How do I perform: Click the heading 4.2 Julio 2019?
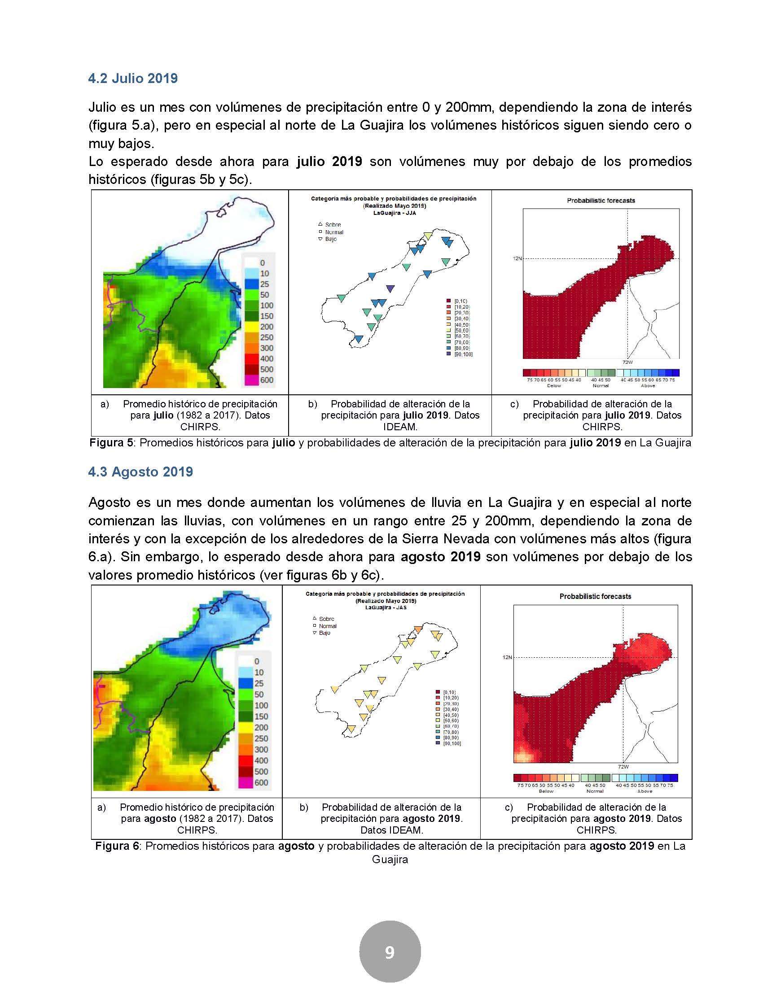pos(133,79)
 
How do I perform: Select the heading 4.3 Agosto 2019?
pos(140,472)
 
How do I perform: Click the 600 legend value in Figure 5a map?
pos(267,380)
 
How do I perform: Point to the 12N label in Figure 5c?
pos(517,258)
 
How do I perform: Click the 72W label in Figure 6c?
pos(623,767)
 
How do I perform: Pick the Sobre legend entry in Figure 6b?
pos(326,619)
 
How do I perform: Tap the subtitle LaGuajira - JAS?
pos(386,608)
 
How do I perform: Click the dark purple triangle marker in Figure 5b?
pos(390,288)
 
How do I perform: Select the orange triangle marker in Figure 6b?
pos(419,629)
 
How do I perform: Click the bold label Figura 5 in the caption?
pos(111,443)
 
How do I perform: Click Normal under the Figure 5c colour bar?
pos(601,385)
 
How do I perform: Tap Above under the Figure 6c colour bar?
pos(645,791)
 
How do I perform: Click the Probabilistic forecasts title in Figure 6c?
pos(595,597)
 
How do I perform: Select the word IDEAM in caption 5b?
pos(400,427)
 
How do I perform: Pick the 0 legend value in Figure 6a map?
pos(257,661)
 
